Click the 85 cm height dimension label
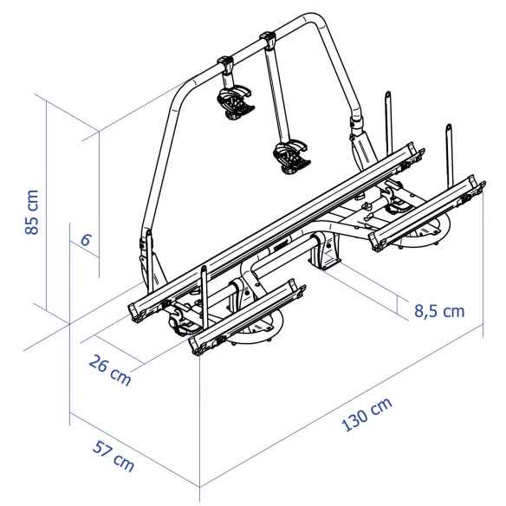click(32, 212)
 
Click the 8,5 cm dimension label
click(428, 310)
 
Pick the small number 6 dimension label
click(85, 240)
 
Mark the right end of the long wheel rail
click(423, 157)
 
